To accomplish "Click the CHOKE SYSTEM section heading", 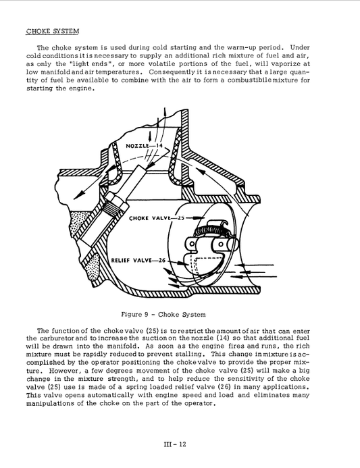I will tap(52, 31).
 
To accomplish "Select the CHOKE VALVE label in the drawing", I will tap(149, 219).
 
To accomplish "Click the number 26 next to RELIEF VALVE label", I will tap(161, 260).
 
